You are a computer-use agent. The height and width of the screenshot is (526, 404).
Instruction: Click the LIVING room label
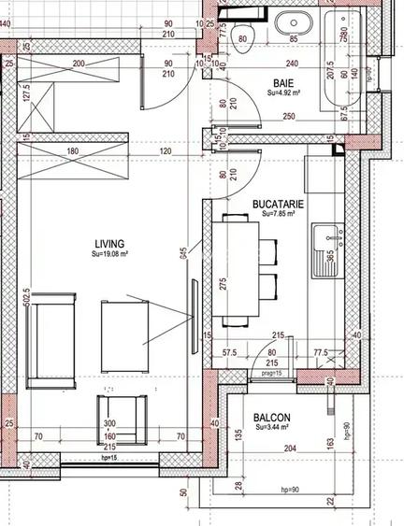[x=108, y=243]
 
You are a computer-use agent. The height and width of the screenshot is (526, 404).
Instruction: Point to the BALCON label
[x=271, y=418]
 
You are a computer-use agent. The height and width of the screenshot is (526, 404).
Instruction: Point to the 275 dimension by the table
[x=222, y=283]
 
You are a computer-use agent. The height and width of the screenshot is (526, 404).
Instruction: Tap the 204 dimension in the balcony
[x=290, y=448]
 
